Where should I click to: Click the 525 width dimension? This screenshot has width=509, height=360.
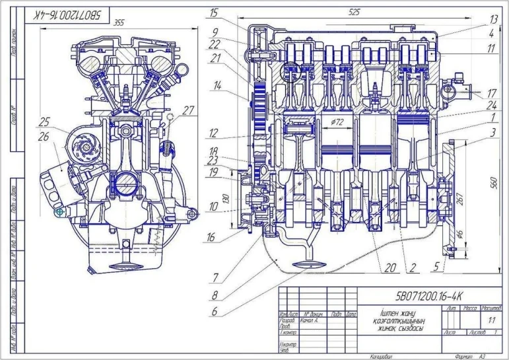(x=355, y=12)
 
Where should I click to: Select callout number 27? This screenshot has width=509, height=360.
(x=189, y=110)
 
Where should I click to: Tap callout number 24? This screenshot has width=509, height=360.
(x=474, y=104)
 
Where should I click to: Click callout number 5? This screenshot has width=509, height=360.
(x=436, y=268)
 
